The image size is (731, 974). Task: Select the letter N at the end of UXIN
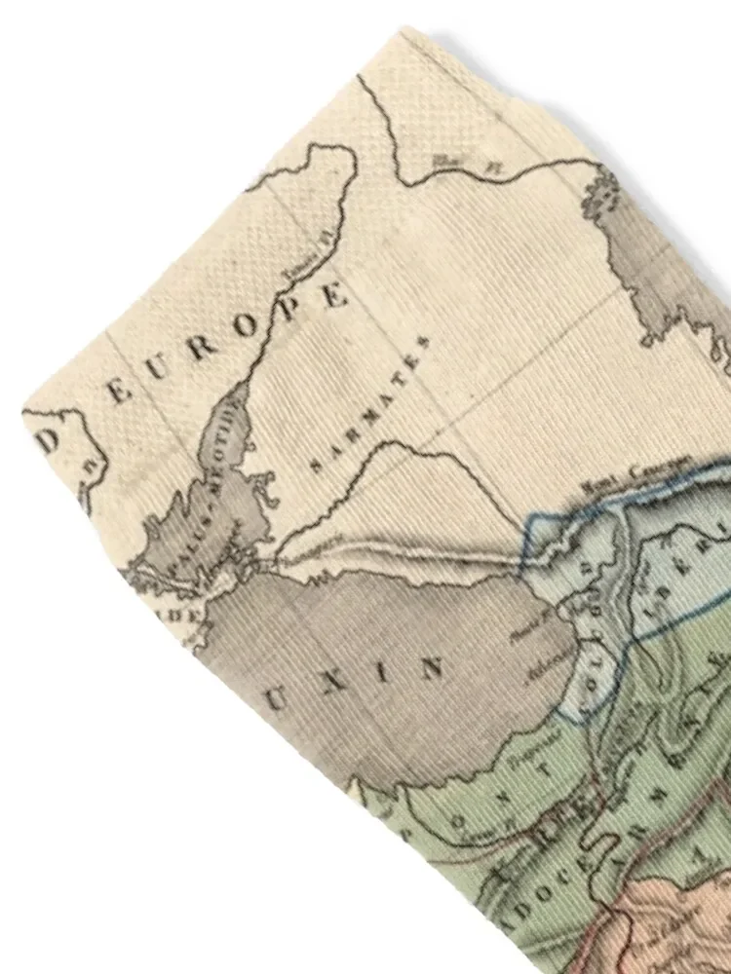(x=431, y=668)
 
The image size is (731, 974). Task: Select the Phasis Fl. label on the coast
(x=532, y=617)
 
